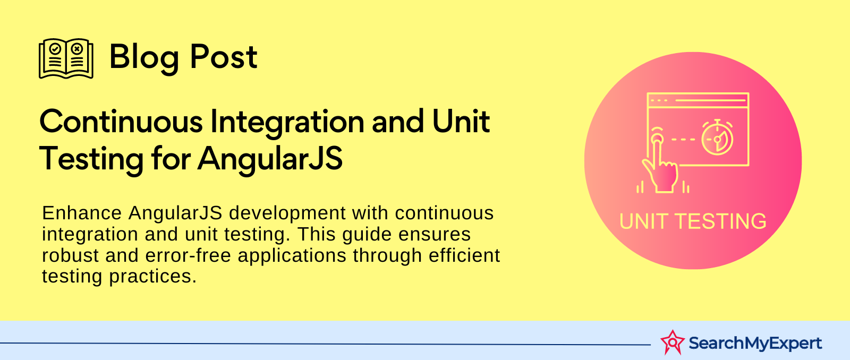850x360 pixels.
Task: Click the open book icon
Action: [66, 58]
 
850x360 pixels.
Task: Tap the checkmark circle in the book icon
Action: [55, 48]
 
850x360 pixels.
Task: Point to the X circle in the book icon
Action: [77, 48]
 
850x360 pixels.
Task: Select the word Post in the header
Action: [224, 57]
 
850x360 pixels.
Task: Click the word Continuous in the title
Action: [121, 122]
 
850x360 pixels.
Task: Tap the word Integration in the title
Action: [287, 123]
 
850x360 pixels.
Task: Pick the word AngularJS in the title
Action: [270, 159]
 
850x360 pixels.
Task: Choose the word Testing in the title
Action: [91, 159]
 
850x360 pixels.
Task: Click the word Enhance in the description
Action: [82, 213]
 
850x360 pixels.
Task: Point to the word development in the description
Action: [287, 213]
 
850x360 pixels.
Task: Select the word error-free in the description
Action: [188, 255]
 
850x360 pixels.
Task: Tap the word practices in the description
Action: [153, 277]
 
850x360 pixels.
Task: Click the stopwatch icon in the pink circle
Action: [717, 138]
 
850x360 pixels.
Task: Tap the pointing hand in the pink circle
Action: [660, 163]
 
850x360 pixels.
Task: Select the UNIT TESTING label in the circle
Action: [693, 221]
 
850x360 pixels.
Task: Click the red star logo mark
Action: [673, 342]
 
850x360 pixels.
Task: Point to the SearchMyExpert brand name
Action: [755, 343]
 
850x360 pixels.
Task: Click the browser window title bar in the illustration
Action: [698, 100]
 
